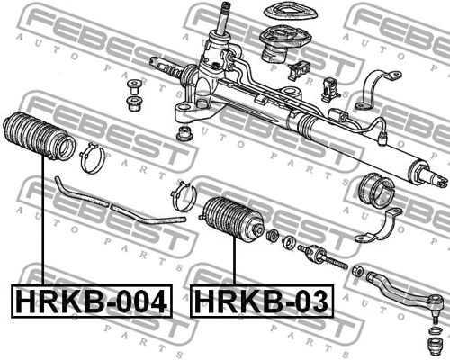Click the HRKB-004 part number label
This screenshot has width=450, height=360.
point(92,301)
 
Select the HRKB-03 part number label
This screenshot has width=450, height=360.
point(262,301)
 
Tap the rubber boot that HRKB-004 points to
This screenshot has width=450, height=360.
point(39,135)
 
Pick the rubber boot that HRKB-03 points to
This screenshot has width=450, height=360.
point(233,220)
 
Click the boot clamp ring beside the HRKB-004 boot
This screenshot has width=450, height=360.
point(92,158)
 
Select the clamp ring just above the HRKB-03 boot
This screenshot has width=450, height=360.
point(184,196)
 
